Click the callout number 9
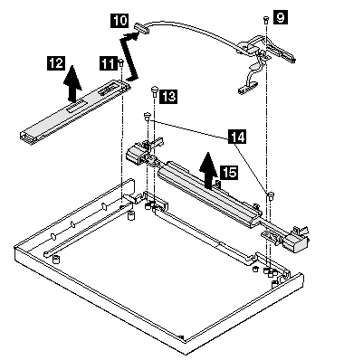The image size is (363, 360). pyautogui.click(x=281, y=17)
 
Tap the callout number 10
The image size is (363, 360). pyautogui.click(x=119, y=21)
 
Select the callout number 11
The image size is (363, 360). pyautogui.click(x=108, y=63)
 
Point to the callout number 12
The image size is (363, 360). pyautogui.click(x=56, y=63)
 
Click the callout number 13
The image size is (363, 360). pyautogui.click(x=168, y=97)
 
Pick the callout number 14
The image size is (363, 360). pyautogui.click(x=237, y=137)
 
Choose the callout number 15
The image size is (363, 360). pyautogui.click(x=229, y=173)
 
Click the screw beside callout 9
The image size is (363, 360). pyautogui.click(x=266, y=20)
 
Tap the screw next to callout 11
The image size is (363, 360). pyautogui.click(x=120, y=63)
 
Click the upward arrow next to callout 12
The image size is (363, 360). pyautogui.click(x=72, y=83)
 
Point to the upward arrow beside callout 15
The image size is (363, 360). pyautogui.click(x=208, y=169)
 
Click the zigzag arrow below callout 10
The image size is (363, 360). pyautogui.click(x=130, y=57)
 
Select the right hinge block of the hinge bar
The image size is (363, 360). pyautogui.click(x=295, y=241)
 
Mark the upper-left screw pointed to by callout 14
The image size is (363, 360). pyautogui.click(x=148, y=116)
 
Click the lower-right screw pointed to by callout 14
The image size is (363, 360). pyautogui.click(x=271, y=195)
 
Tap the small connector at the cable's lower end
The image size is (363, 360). pyautogui.click(x=247, y=87)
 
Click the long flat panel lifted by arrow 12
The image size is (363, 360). pyautogui.click(x=74, y=110)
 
